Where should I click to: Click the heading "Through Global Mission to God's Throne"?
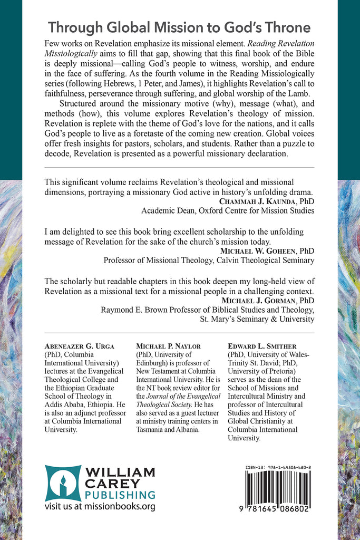click(179, 27)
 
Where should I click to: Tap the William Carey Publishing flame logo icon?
click(63, 483)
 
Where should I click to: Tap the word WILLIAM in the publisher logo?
click(121, 471)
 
